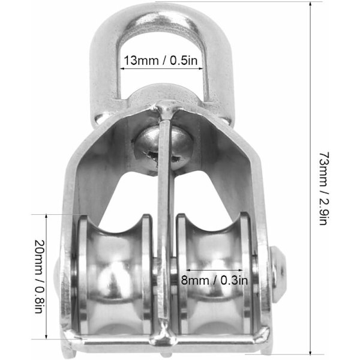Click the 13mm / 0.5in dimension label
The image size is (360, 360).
[x=160, y=61]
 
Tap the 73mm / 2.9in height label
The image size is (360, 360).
[x=324, y=188]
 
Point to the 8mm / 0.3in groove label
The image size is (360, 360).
[x=214, y=280]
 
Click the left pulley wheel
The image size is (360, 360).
[x=114, y=275]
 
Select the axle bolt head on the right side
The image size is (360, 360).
[x=278, y=275]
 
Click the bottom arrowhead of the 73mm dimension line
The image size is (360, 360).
[x=310, y=354]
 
